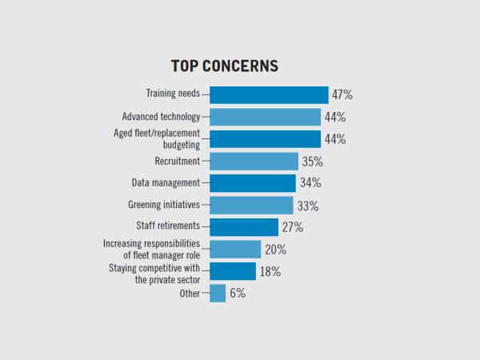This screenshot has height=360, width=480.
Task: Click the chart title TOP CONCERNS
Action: click(x=224, y=66)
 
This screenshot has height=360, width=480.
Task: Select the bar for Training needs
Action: click(x=269, y=94)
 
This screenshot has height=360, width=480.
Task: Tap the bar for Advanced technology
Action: click(x=265, y=117)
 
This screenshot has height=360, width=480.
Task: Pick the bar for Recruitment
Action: click(x=254, y=161)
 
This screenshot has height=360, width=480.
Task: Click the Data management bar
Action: click(x=252, y=183)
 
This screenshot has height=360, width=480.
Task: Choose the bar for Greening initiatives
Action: click(x=251, y=205)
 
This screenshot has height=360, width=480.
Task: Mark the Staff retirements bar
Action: click(x=244, y=227)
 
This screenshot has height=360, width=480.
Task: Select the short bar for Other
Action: click(x=218, y=294)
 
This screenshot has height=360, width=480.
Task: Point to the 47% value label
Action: click(x=342, y=94)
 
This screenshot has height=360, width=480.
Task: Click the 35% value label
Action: click(x=313, y=161)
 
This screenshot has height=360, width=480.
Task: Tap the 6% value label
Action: click(x=238, y=294)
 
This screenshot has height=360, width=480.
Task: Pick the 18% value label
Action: click(x=270, y=271)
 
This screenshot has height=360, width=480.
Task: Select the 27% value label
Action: click(x=292, y=227)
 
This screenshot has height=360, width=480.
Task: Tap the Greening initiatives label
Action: click(x=164, y=205)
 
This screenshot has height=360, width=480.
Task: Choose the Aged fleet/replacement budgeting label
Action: click(x=160, y=138)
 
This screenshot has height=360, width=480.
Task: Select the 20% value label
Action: click(x=275, y=250)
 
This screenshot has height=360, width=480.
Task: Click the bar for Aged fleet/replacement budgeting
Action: click(x=265, y=139)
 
